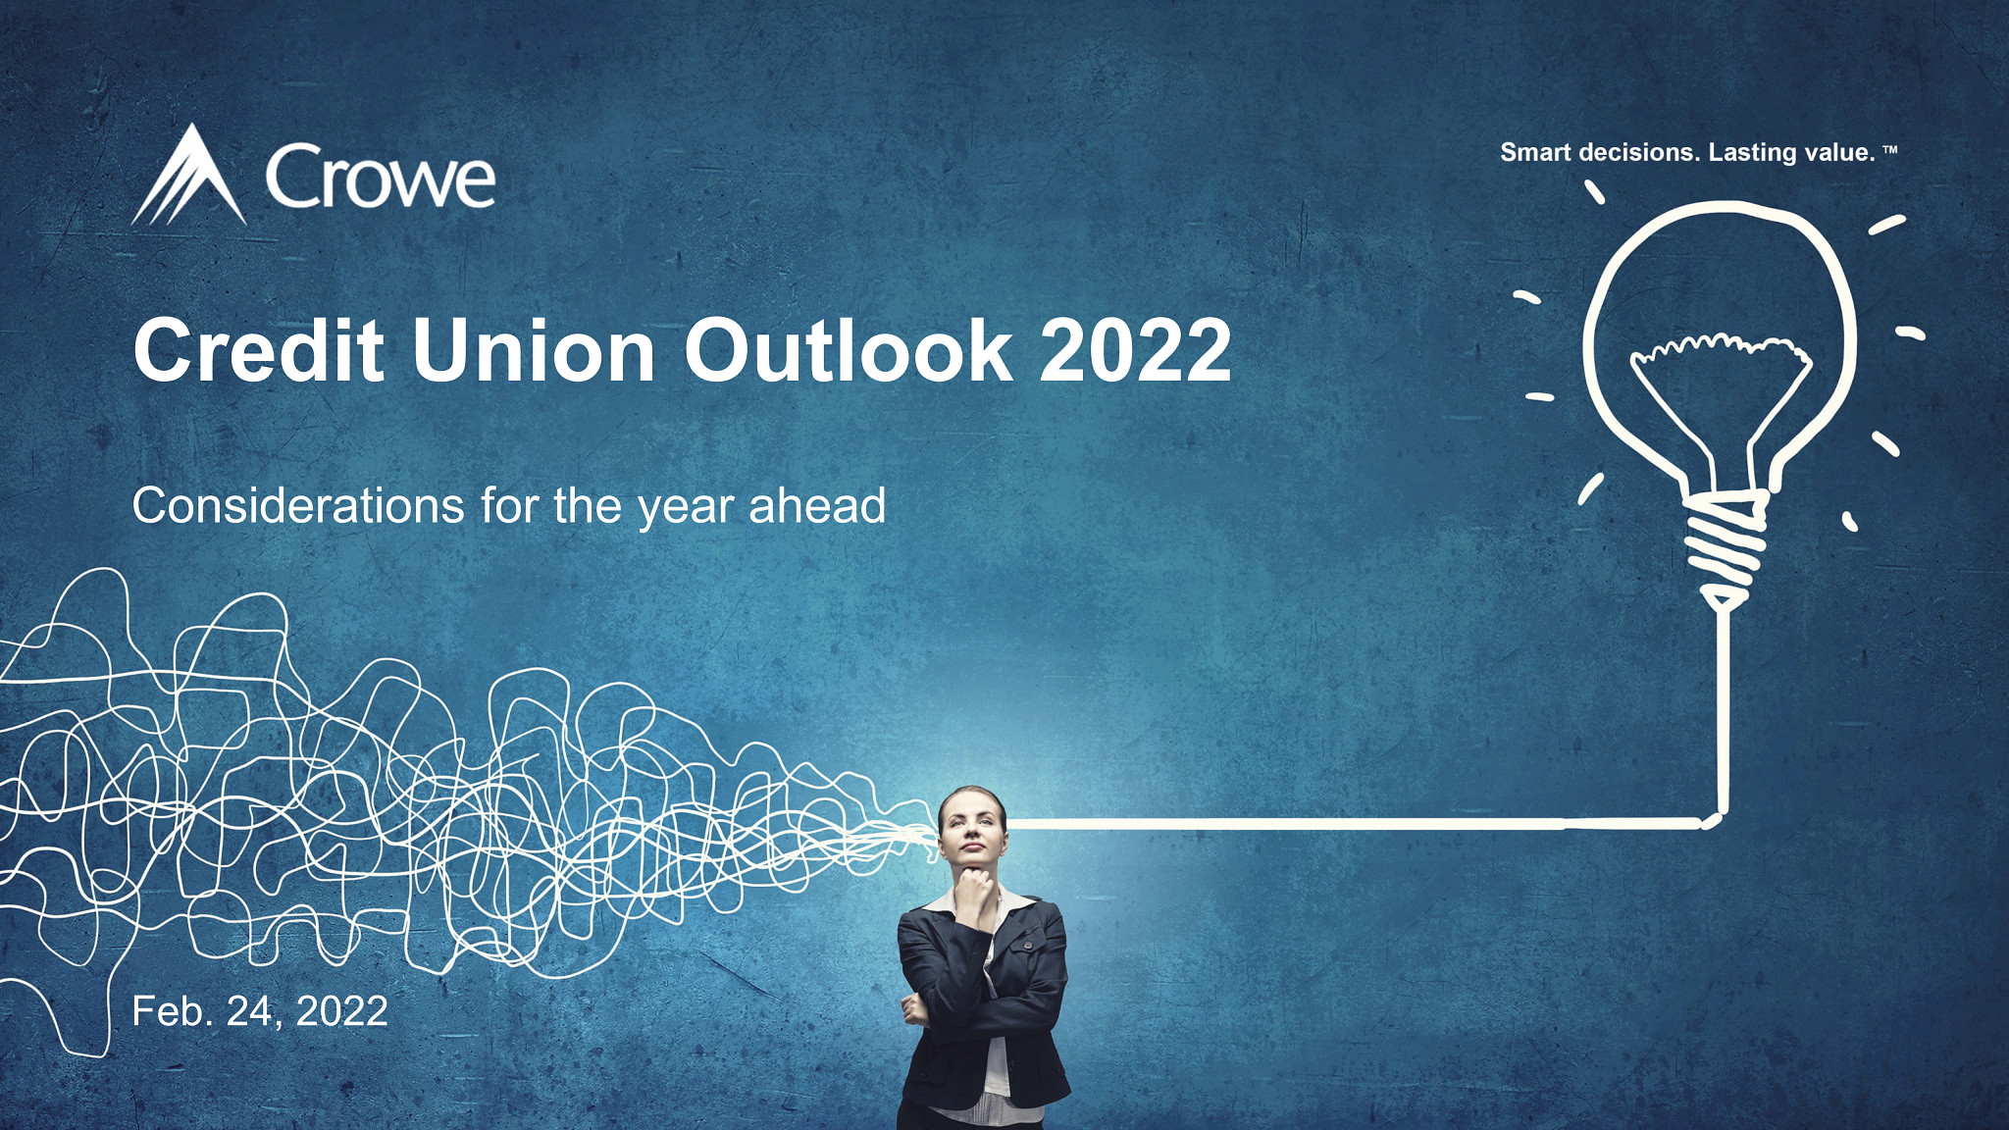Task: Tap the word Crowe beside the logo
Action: click(380, 178)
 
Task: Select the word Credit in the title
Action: click(258, 350)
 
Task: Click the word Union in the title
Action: click(534, 350)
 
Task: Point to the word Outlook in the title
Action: click(848, 350)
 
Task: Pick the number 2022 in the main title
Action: click(1135, 350)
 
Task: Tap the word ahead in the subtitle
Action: click(817, 506)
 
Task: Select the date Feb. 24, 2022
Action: click(260, 1011)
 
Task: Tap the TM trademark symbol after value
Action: click(1890, 150)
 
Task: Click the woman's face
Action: click(972, 830)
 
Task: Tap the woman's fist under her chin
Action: click(975, 888)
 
